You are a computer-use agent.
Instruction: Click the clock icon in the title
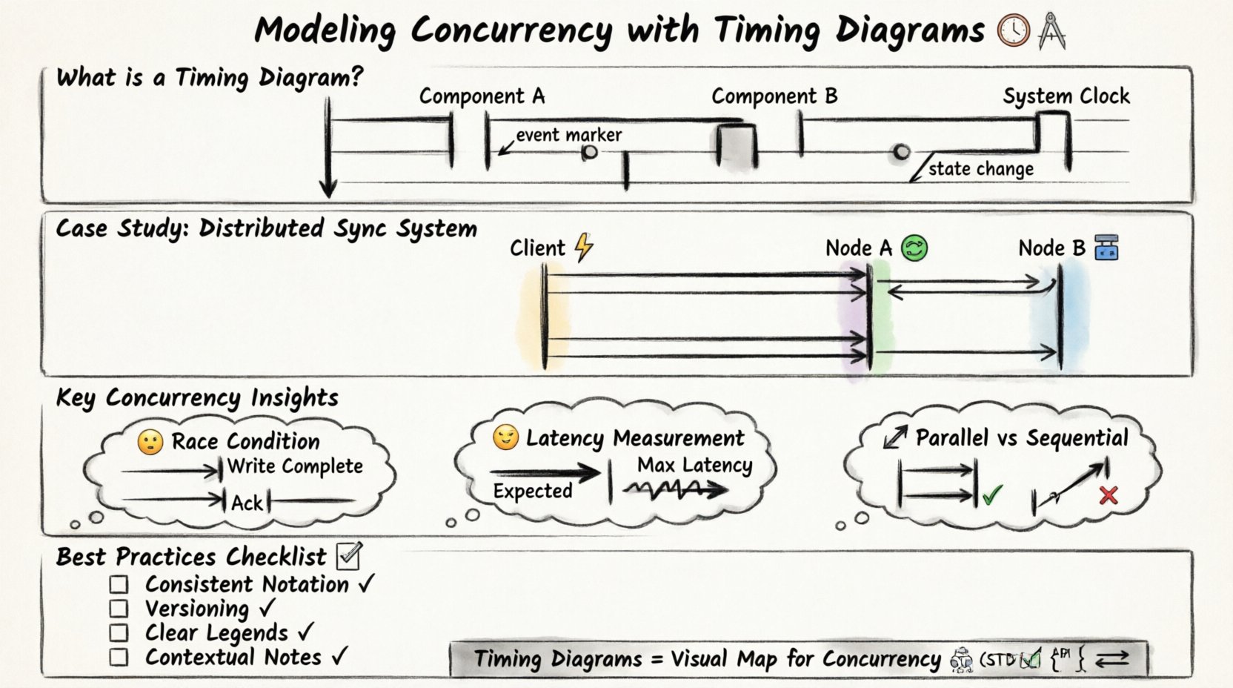click(x=1013, y=31)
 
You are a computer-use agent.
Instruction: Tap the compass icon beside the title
click(x=1051, y=31)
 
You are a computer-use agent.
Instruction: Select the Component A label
click(x=482, y=96)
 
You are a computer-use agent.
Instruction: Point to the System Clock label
click(x=1066, y=96)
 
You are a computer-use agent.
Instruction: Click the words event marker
click(x=568, y=135)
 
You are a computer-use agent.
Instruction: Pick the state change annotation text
click(x=980, y=169)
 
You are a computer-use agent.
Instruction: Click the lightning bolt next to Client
click(x=584, y=248)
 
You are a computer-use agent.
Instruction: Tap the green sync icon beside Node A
click(x=914, y=248)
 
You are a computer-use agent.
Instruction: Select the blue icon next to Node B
click(x=1106, y=248)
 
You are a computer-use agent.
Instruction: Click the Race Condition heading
click(x=245, y=441)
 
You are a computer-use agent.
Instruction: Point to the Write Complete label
click(x=295, y=466)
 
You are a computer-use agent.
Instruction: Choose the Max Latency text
click(x=694, y=466)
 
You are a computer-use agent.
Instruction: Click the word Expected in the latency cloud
click(x=533, y=491)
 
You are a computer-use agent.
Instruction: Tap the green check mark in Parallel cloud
click(x=992, y=494)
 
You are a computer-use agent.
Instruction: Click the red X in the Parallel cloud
click(x=1109, y=494)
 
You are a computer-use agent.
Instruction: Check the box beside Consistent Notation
click(x=119, y=584)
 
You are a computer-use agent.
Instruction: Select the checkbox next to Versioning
click(x=119, y=609)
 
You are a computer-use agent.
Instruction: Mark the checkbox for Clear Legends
click(x=119, y=633)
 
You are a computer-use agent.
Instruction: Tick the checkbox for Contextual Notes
click(x=119, y=657)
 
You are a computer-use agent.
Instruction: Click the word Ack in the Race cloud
click(x=247, y=503)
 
